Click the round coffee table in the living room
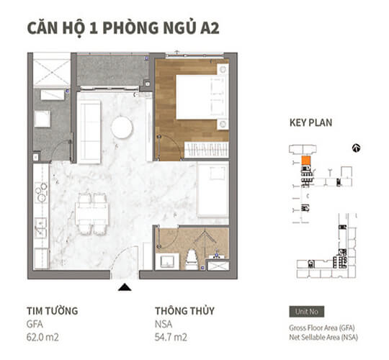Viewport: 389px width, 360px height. (x=122, y=127)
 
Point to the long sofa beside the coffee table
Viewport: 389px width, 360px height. (x=89, y=122)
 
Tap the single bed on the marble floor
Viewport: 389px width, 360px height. (x=213, y=190)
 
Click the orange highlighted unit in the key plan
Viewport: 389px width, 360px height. (x=305, y=161)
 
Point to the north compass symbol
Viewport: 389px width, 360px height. (x=355, y=148)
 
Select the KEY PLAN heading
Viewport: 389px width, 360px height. (x=310, y=123)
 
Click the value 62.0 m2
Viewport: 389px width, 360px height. (x=44, y=336)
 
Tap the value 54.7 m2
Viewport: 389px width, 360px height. (x=171, y=336)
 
